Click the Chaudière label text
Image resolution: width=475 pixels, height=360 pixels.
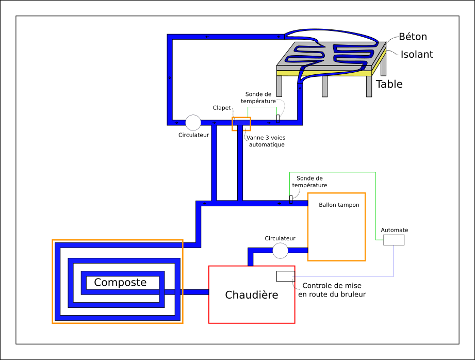point(252,295)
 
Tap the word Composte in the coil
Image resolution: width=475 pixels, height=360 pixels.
point(120,283)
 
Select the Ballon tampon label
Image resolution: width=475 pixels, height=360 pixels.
point(339,205)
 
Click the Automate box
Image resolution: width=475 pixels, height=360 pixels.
point(394,240)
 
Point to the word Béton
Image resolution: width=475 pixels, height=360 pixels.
point(413,37)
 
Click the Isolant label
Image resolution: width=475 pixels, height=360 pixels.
point(417,54)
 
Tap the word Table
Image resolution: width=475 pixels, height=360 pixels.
point(389,84)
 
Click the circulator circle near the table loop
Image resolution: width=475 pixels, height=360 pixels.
point(193,122)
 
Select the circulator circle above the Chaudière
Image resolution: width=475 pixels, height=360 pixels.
point(280,251)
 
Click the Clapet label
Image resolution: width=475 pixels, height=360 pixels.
point(222,108)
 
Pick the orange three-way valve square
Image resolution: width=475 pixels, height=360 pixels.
point(241,124)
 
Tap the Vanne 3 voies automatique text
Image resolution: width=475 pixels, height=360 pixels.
point(266,141)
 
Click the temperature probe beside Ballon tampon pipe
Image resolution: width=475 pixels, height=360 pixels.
point(291,200)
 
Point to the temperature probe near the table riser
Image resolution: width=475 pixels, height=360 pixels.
point(279,119)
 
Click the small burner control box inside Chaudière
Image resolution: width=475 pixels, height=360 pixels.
point(285,276)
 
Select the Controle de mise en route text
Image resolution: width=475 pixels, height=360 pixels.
point(332,290)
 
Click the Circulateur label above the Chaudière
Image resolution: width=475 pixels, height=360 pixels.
point(280,238)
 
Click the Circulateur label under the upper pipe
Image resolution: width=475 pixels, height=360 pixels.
point(193,135)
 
